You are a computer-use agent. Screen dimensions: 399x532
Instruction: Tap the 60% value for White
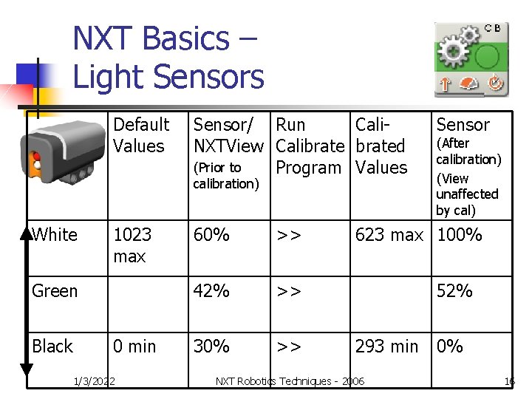(211, 235)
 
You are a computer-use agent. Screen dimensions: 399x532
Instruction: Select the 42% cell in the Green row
(211, 291)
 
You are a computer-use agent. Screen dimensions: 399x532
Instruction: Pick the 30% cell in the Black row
(211, 346)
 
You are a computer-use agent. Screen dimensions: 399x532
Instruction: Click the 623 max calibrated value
(389, 235)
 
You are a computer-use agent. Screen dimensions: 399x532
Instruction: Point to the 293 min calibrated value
(386, 346)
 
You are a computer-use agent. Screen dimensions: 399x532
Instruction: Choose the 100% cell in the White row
(460, 235)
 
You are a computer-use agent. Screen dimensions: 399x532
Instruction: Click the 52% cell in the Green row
(454, 291)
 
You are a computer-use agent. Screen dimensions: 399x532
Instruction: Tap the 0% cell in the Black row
(449, 346)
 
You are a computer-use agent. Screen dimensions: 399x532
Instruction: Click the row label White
(55, 235)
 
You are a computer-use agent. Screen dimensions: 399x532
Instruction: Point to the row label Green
(55, 291)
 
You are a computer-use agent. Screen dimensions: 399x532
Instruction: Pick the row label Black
(52, 346)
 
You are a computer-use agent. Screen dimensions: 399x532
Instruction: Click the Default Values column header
(140, 135)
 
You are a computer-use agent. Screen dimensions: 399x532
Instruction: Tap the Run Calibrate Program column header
(310, 146)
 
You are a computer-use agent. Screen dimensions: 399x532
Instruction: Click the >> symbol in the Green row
(289, 291)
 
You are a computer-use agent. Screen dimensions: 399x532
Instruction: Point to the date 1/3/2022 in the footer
(95, 381)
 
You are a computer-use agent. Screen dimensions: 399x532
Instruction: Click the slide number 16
(509, 381)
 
